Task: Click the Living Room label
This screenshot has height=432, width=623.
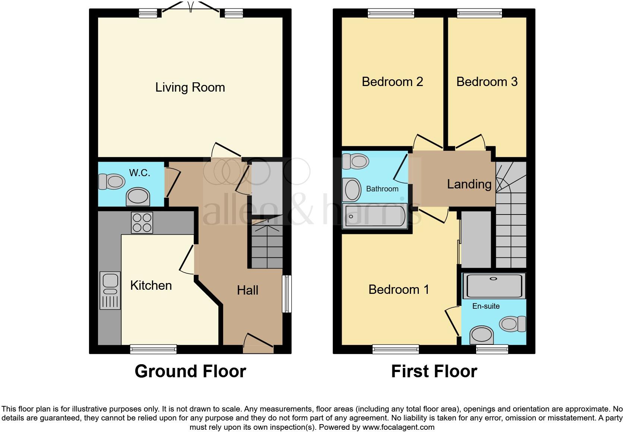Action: (x=190, y=88)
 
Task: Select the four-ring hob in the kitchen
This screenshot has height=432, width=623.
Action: (x=142, y=223)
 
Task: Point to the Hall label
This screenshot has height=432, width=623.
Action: (x=247, y=290)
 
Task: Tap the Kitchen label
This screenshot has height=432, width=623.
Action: (x=151, y=286)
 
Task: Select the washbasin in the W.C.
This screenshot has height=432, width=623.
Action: (x=138, y=196)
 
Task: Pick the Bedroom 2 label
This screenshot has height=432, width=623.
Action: (x=392, y=82)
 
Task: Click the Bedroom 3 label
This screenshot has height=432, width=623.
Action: (x=487, y=82)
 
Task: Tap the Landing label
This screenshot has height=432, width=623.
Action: (x=469, y=184)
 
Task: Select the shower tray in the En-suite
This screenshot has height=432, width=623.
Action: (x=494, y=286)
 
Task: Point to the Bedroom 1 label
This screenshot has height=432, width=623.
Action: (x=399, y=289)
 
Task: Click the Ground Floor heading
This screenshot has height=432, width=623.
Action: (x=190, y=371)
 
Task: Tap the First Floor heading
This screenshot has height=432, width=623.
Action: (x=434, y=371)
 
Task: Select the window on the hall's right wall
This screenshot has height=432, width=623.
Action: (x=287, y=293)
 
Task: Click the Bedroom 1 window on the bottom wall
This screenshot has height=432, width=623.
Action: (x=395, y=349)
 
